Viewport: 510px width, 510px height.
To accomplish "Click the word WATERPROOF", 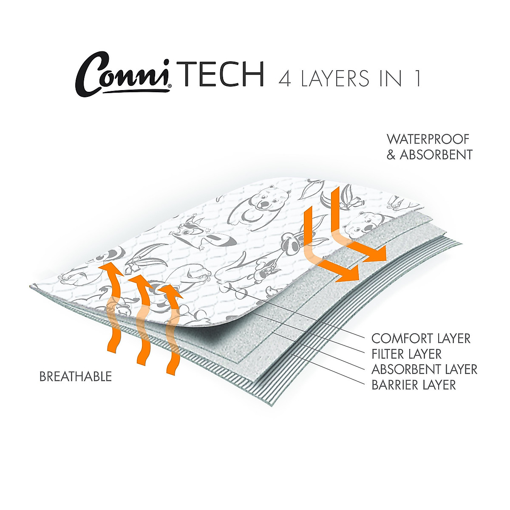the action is click(428, 139).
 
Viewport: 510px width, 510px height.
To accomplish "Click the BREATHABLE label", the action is click(76, 377).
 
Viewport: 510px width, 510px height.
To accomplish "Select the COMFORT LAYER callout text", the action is click(421, 339).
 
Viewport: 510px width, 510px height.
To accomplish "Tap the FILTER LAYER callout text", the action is click(406, 354).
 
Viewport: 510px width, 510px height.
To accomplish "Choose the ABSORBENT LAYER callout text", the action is click(424, 369).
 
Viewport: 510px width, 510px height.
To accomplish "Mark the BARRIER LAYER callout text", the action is click(414, 385).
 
